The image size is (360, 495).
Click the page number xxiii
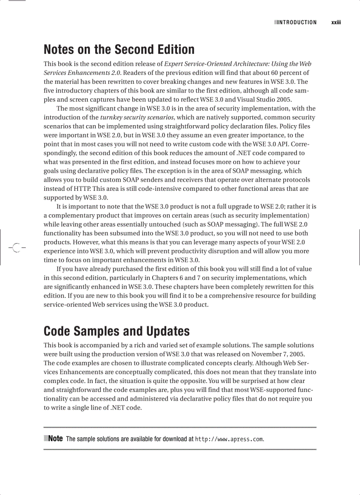pyautogui.click(x=337, y=22)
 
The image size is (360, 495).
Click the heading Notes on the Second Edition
pyautogui.click(x=119, y=49)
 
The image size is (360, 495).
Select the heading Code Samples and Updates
pyautogui.click(x=116, y=331)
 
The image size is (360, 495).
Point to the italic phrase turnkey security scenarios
pyautogui.click(x=138, y=117)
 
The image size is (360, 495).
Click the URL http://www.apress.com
pyautogui.click(x=229, y=439)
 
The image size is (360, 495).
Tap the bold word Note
pyautogui.click(x=55, y=439)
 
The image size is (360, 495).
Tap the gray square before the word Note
pyautogui.click(x=45, y=439)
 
